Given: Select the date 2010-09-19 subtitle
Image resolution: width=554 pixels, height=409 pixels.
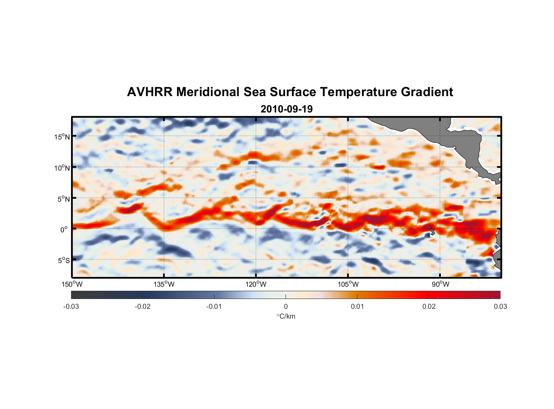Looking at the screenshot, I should (286, 109).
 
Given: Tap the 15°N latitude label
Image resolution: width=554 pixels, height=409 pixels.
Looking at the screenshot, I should (62, 137).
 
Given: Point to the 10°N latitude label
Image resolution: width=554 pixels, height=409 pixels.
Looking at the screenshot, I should (62, 168).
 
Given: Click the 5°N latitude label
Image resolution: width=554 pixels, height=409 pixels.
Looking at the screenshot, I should (64, 199).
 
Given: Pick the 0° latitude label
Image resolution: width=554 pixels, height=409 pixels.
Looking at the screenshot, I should (64, 229).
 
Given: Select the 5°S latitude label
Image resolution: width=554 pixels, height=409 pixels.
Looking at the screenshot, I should (64, 261).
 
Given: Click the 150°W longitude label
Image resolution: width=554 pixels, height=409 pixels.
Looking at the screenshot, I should (72, 284).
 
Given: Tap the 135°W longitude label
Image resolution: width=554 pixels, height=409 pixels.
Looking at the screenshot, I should (164, 284).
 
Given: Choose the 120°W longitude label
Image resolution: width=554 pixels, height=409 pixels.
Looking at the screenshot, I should (256, 284).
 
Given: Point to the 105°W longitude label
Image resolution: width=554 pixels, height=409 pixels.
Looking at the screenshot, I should (348, 284).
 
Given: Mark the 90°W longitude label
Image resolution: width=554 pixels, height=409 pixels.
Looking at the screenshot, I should (440, 284).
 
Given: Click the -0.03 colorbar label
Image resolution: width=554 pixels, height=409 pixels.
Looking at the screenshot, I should (71, 306).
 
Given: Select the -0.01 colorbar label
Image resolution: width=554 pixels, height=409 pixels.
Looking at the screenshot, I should (214, 306).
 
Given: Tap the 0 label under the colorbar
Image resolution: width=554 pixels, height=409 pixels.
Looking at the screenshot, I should (286, 306).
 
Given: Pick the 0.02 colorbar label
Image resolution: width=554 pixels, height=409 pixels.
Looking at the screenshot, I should (429, 306).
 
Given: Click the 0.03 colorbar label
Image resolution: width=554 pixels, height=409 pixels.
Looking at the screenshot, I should (500, 306).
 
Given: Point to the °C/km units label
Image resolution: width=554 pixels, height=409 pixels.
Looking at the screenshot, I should (286, 316).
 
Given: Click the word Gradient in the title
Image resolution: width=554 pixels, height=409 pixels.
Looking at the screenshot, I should (427, 92).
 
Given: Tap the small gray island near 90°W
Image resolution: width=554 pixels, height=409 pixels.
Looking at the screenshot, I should (432, 231).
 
